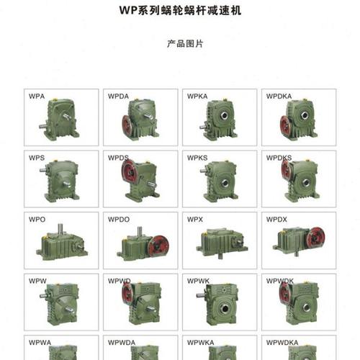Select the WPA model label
[37, 96]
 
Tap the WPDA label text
[118, 96]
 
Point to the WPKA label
[197, 96]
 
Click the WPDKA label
[279, 96]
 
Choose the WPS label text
[37, 157]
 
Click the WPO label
[37, 218]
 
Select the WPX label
[195, 218]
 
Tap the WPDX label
[276, 218]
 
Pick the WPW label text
[37, 280]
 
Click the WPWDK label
[280, 280]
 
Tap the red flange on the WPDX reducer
[315, 238]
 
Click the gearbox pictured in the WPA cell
[61, 119]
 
